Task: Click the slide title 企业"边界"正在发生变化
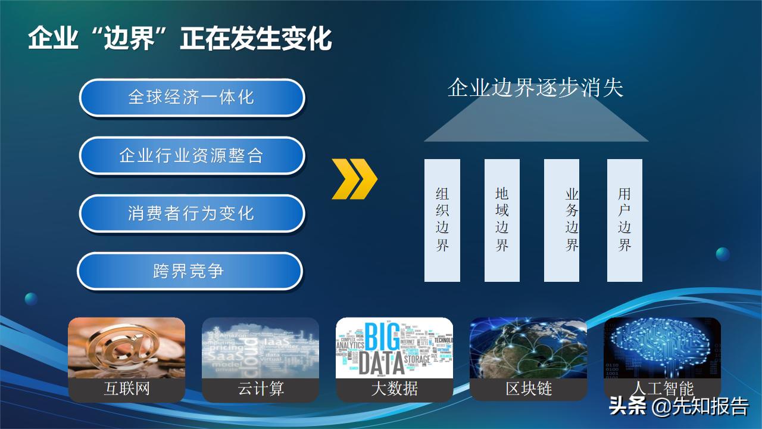180,39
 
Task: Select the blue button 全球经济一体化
192,97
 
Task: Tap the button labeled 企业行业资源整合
192,156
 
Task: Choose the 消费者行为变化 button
192,213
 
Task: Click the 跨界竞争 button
189,271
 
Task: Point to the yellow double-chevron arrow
354,179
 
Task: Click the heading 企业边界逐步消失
535,88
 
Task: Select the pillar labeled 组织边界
442,220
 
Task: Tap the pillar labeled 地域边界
502,220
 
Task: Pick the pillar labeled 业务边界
562,220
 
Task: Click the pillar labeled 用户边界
624,220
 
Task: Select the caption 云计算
260,389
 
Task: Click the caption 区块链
529,389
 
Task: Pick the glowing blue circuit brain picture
662,349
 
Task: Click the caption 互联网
126,389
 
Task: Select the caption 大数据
394,389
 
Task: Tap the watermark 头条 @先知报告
679,407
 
